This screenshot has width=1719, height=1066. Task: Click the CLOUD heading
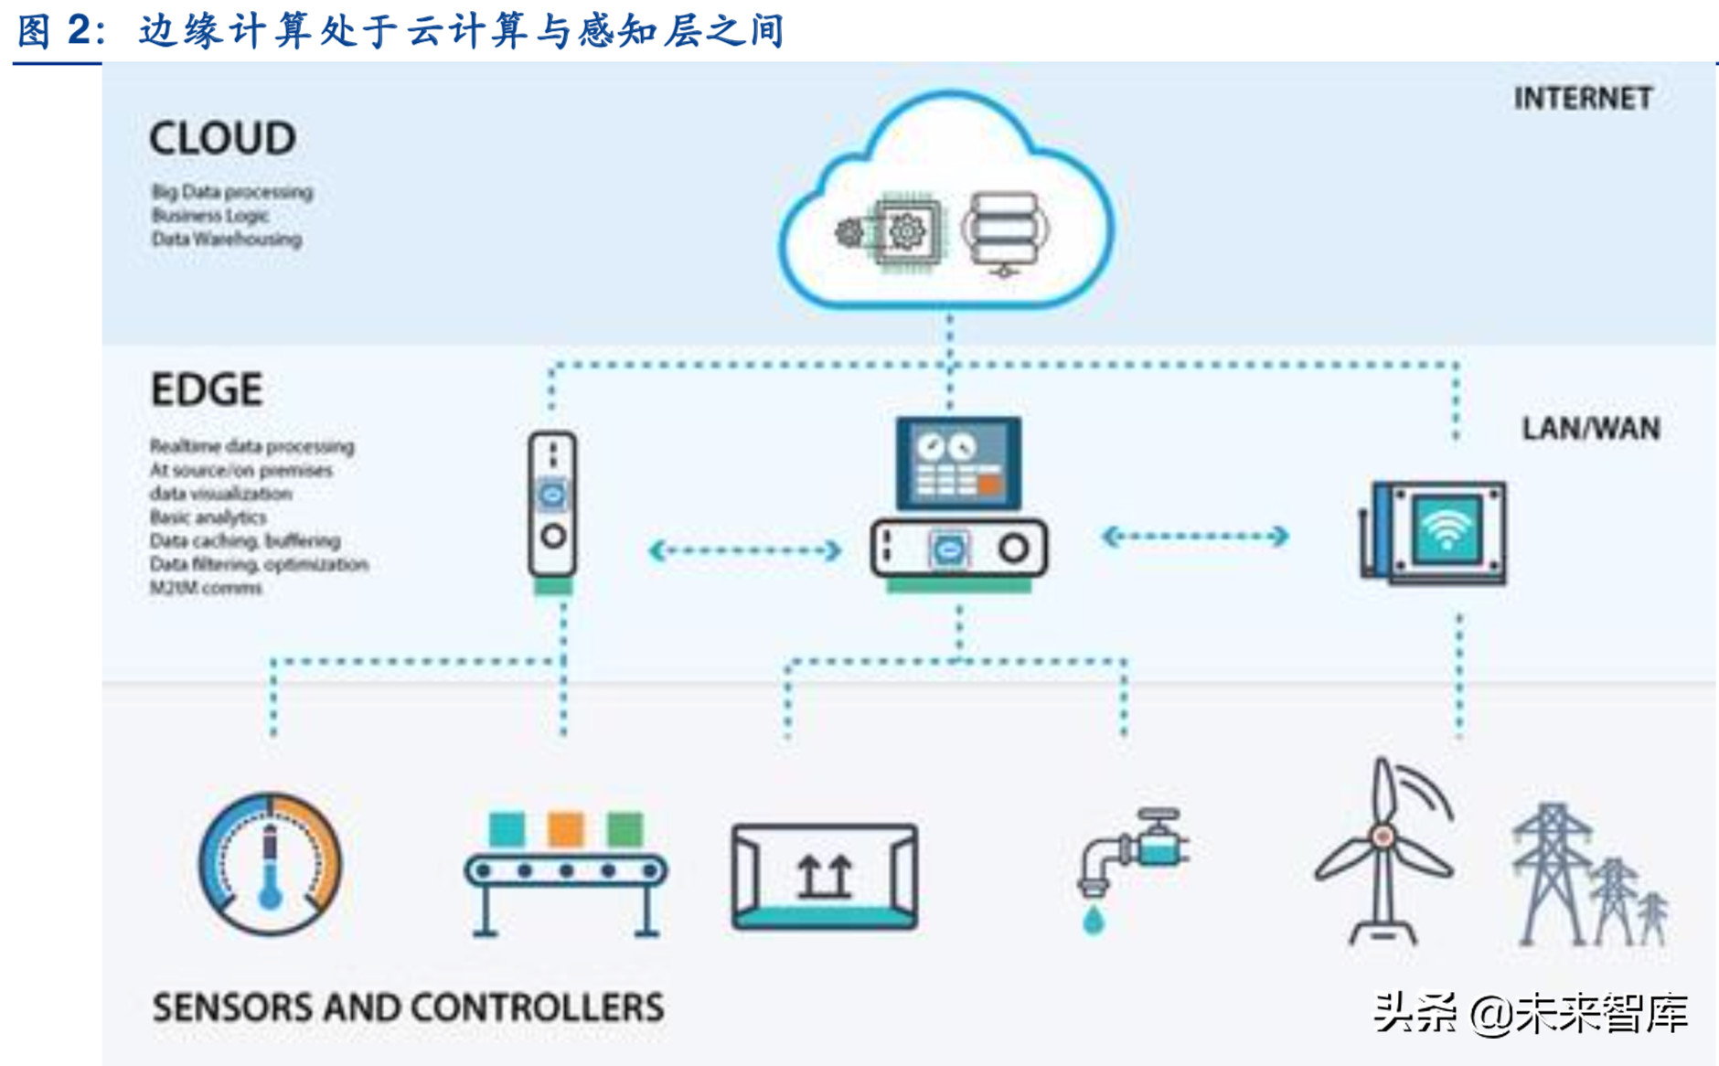222,139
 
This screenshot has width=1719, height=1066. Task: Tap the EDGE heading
207,390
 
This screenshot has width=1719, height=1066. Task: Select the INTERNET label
1583,99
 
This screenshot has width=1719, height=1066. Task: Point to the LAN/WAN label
1590,429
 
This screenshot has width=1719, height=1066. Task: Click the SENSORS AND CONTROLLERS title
408,1007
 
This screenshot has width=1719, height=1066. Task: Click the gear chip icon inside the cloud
905,231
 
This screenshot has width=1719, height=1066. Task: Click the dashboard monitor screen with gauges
958,464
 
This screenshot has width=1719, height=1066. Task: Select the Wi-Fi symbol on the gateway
1447,529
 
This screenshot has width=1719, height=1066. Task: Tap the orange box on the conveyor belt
565,829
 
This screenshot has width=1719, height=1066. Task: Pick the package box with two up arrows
825,876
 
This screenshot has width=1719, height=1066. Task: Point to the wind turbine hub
1383,836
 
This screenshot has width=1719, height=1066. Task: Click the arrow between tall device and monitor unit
744,550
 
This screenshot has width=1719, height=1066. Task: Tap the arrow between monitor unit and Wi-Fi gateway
1195,537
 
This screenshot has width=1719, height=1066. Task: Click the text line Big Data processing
232,192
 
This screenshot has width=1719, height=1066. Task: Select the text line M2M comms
206,588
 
